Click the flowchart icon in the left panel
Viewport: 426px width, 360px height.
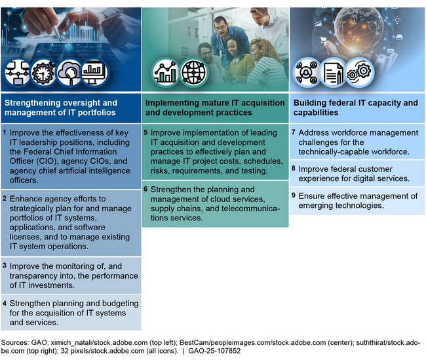(x=18, y=72)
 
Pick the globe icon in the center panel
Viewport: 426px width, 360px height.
(x=193, y=72)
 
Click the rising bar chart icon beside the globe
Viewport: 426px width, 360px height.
(x=166, y=72)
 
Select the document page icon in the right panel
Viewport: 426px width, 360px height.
(x=334, y=72)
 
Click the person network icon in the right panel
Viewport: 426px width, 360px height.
(x=307, y=72)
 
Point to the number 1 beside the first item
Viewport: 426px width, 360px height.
(x=5, y=132)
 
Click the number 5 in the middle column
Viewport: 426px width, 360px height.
(x=145, y=132)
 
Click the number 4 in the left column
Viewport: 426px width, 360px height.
(x=5, y=304)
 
